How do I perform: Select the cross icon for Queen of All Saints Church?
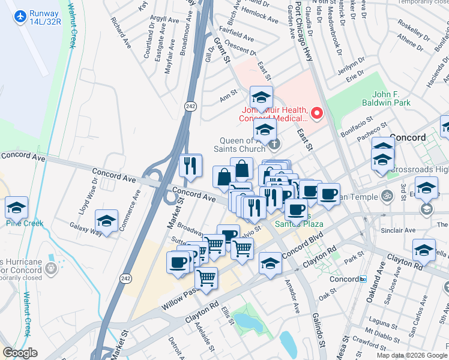click(274, 143)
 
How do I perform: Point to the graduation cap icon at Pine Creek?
click(16, 208)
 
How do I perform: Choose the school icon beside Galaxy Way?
click(106, 222)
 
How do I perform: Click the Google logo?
click(20, 353)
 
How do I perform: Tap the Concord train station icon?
click(363, 279)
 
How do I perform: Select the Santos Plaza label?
click(299, 224)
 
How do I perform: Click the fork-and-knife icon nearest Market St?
click(190, 166)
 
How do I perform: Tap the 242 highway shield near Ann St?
click(191, 106)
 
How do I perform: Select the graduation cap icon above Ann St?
click(261, 97)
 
